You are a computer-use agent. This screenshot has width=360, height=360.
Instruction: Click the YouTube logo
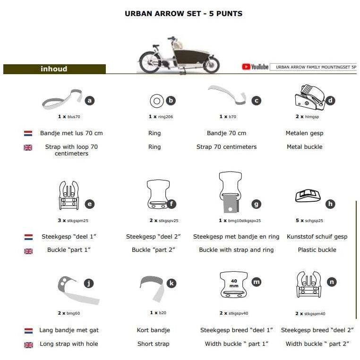(255, 67)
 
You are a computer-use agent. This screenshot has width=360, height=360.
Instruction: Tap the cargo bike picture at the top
(180, 55)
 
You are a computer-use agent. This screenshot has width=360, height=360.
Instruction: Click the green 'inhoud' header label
(54, 69)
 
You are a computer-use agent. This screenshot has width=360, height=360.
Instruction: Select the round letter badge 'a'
(90, 100)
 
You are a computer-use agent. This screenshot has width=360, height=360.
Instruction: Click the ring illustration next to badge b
(156, 100)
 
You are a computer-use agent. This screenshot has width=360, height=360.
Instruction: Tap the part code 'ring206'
(165, 116)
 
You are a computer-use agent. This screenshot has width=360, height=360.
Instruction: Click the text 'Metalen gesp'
(304, 133)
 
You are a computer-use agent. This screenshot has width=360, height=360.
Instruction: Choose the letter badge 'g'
(256, 204)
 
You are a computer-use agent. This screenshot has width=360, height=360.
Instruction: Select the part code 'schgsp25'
(316, 221)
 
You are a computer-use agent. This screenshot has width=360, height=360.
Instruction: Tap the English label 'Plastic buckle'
(317, 249)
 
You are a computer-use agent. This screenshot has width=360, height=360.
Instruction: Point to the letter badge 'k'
(171, 283)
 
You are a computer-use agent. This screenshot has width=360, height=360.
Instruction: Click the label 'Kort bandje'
(153, 330)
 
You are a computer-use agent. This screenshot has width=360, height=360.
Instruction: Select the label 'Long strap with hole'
(69, 344)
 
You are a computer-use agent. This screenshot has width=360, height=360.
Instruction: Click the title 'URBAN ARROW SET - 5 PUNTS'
(183, 14)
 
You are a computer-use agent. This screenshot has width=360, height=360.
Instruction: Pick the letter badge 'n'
(332, 282)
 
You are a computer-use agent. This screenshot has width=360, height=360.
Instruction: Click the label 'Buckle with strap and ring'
(236, 249)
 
